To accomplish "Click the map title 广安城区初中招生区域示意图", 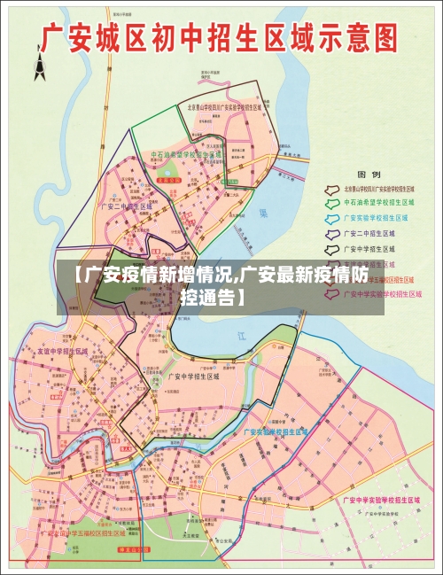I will pyautogui.click(x=221, y=41).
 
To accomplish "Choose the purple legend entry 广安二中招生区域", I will pyautogui.click(x=372, y=232).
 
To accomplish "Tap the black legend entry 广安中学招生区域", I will pyautogui.click(x=372, y=248).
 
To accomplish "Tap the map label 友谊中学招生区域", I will pyautogui.click(x=63, y=351).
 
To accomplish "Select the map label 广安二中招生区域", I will pyautogui.click(x=125, y=206).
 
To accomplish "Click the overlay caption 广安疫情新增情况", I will pyautogui.click(x=221, y=284).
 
